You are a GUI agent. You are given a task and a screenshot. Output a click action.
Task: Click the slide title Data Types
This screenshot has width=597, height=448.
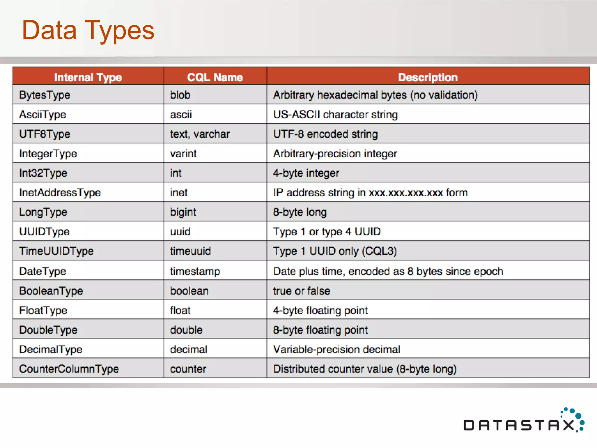coord(88,30)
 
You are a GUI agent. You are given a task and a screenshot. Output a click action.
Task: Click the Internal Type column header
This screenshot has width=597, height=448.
coord(88,77)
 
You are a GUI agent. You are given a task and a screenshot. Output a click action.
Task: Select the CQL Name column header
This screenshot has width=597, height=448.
coord(215,77)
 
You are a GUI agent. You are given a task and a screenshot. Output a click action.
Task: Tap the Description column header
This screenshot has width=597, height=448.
coord(428,77)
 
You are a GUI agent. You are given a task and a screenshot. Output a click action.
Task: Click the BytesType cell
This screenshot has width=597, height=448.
coord(45,95)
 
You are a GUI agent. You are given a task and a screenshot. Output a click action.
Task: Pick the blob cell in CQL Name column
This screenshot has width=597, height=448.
coord(180,95)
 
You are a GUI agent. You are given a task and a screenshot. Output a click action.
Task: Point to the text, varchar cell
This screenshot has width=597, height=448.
coord(200,134)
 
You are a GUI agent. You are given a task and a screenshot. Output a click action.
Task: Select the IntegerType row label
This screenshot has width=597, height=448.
coord(48,154)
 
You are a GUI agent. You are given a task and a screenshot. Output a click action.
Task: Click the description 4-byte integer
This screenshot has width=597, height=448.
coord(306,173)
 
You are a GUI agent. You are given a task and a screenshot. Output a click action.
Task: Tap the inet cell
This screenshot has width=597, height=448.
coord(179,193)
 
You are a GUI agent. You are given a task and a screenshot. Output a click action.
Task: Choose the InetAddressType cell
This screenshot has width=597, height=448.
coord(60,193)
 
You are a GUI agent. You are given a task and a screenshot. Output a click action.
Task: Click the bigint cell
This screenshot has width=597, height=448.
coord(183,212)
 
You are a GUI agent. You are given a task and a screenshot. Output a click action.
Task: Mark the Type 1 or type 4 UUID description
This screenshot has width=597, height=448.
coord(327,232)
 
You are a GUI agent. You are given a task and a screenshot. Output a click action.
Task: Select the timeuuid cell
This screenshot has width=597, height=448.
coord(190,251)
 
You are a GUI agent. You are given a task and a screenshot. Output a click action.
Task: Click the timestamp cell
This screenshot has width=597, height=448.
coord(195,272)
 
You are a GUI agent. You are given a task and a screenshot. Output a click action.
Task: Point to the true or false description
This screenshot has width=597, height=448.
coord(301,291)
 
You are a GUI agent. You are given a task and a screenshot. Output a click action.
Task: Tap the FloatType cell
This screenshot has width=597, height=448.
coord(43,311)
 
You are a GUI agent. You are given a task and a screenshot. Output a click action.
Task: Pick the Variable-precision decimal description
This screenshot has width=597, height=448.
coord(337,349)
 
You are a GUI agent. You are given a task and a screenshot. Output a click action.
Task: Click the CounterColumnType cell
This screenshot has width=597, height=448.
coord(69,369)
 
